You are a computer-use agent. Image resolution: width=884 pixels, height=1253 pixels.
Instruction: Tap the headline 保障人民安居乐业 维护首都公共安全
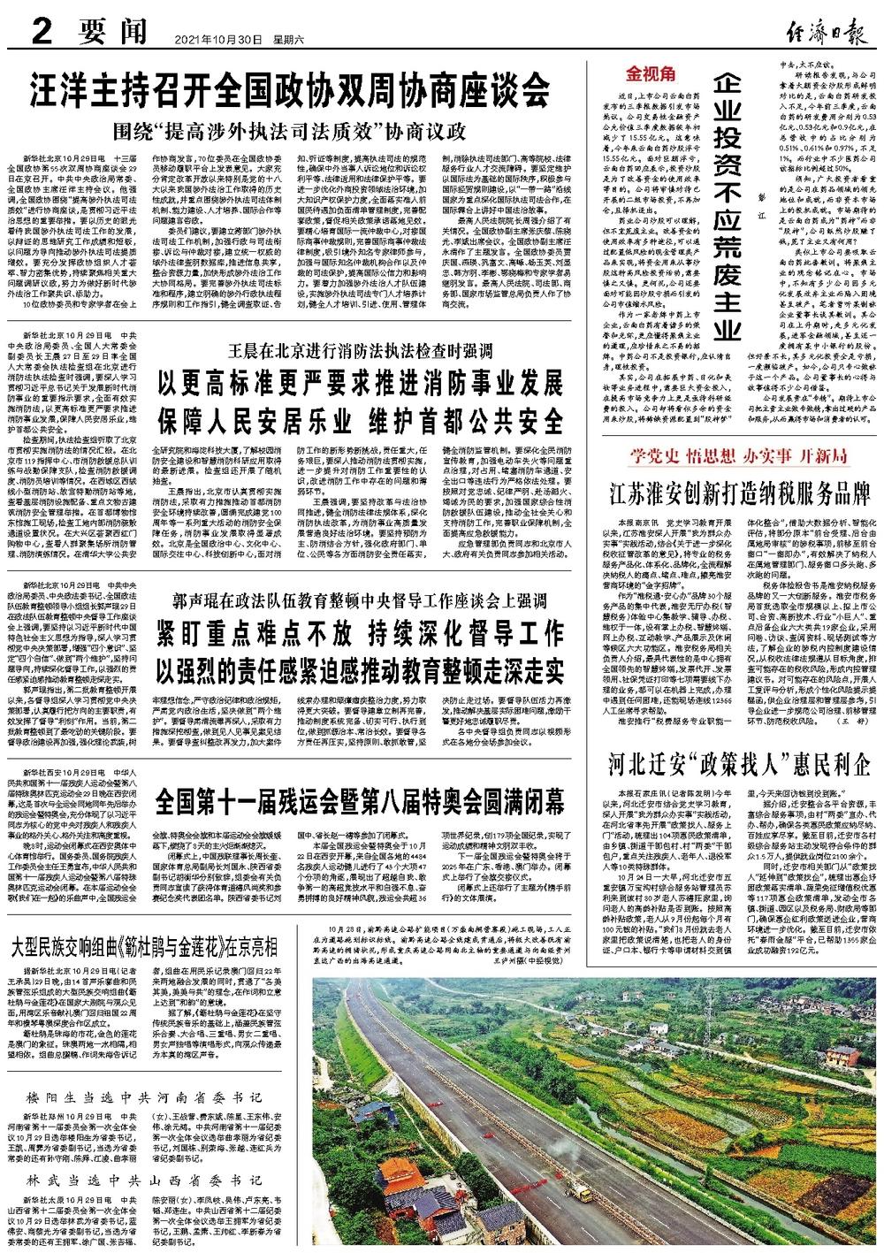(360, 418)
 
